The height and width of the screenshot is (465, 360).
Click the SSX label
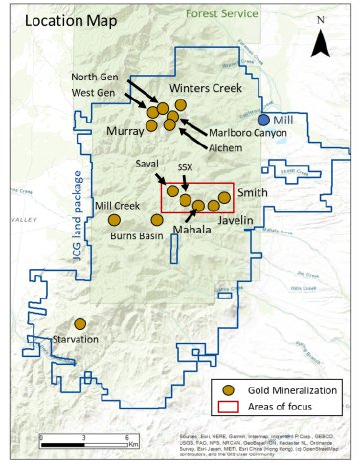point(184,168)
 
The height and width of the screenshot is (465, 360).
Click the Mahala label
point(191,229)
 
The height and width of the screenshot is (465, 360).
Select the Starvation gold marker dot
point(80,324)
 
